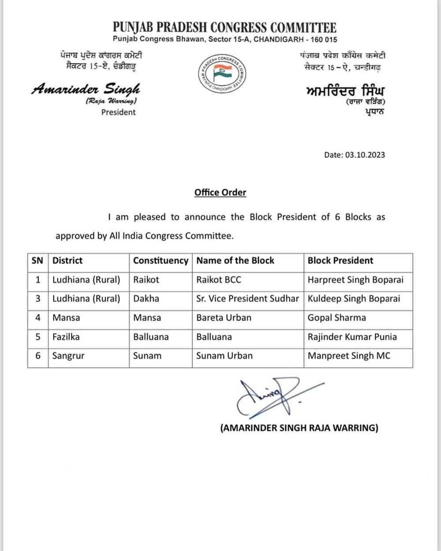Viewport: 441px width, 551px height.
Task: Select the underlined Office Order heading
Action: [220, 192]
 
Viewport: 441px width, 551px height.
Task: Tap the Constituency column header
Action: [161, 261]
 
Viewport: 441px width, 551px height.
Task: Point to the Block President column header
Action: [340, 261]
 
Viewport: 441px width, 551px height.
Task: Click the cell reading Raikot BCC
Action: [219, 279]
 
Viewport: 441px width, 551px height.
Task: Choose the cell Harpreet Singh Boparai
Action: [355, 279]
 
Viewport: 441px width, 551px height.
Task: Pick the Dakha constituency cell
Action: [146, 298]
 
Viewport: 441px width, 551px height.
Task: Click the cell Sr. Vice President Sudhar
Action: [247, 298]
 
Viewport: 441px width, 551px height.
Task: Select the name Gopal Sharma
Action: [337, 318]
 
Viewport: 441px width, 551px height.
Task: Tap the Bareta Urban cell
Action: [224, 318]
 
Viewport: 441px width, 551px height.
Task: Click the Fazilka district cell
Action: [66, 337]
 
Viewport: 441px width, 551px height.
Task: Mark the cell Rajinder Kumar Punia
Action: [352, 337]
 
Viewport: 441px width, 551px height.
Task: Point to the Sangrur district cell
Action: [68, 356]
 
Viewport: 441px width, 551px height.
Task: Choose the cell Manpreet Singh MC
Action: [349, 356]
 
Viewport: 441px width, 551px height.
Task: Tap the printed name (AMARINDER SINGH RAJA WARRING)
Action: [299, 428]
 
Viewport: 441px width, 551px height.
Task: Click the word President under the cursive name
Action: [118, 112]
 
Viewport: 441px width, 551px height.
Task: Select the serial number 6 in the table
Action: [38, 356]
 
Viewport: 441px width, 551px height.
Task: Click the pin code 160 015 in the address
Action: [324, 40]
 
